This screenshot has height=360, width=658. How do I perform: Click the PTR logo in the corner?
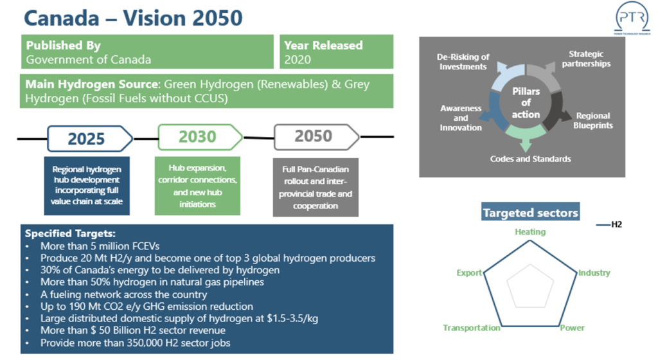632,18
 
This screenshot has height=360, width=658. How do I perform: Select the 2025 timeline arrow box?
90,138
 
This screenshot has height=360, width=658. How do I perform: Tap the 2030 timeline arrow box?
200,137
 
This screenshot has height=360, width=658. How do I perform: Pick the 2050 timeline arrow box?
317,137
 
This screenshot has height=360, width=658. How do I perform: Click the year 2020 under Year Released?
298,60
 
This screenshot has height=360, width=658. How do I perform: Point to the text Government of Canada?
89,60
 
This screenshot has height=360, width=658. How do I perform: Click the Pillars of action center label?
526,103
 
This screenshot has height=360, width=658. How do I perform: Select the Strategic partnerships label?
586,59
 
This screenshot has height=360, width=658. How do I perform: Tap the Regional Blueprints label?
593,120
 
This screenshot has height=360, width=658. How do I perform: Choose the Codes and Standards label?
530,159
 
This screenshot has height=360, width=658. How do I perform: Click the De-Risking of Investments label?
463,62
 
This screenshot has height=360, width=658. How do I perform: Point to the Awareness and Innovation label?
461,118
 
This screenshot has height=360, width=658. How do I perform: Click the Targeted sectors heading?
530,213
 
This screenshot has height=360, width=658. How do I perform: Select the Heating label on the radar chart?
530,232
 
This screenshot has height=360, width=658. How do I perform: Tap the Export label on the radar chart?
469,273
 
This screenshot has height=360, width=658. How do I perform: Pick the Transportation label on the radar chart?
472,328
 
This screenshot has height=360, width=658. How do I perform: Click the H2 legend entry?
609,225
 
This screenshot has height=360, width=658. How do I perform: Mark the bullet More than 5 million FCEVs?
100,246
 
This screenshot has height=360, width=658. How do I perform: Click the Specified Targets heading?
70,234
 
